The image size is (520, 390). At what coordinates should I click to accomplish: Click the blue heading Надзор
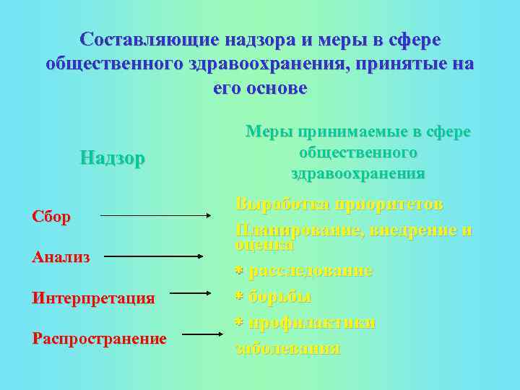click(x=113, y=157)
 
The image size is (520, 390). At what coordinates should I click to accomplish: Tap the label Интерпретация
click(x=93, y=298)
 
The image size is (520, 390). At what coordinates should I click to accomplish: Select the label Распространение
click(x=99, y=339)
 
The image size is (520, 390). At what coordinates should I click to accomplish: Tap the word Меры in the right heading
click(x=266, y=132)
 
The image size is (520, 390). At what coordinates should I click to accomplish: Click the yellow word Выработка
click(x=279, y=204)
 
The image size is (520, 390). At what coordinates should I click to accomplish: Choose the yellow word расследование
click(x=311, y=271)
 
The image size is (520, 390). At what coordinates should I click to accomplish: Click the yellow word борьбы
click(x=280, y=296)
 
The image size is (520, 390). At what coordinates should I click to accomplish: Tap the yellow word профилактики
click(x=312, y=322)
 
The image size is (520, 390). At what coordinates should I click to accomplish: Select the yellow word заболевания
click(x=287, y=347)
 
